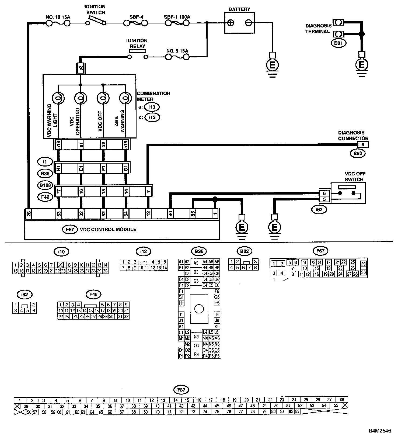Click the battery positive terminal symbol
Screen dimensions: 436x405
click(231, 23)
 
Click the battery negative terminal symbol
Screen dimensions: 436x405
click(249, 23)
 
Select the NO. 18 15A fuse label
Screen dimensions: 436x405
click(58, 17)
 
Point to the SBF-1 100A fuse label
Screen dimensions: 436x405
click(177, 17)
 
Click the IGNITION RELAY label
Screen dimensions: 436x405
click(137, 43)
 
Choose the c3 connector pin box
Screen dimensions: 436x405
click(81, 68)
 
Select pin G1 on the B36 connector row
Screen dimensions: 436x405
click(125, 168)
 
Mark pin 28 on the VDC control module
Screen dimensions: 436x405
click(29, 214)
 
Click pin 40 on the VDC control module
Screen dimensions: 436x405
click(170, 214)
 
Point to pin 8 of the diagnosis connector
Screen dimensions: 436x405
click(363, 145)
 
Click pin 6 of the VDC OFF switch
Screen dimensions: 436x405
click(324, 193)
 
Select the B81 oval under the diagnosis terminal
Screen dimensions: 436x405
click(338, 43)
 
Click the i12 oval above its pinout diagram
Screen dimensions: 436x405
click(144, 252)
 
